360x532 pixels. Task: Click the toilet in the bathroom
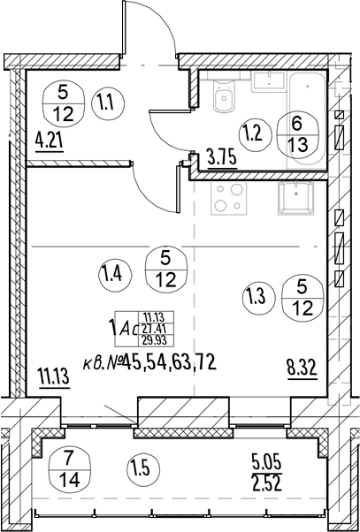click(224, 95)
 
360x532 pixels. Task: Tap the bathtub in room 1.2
click(307, 120)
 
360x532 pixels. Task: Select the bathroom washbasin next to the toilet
click(268, 81)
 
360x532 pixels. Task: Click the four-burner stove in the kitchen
click(227, 198)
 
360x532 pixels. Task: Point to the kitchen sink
click(296, 198)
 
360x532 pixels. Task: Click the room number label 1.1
click(108, 103)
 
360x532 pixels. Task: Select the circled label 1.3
click(258, 297)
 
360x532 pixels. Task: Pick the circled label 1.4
click(115, 275)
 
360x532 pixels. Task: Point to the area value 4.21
click(50, 141)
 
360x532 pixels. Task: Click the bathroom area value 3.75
click(222, 158)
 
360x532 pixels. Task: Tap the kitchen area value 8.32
click(302, 369)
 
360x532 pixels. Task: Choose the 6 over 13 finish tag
click(297, 134)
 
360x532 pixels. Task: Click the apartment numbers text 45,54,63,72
click(170, 362)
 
